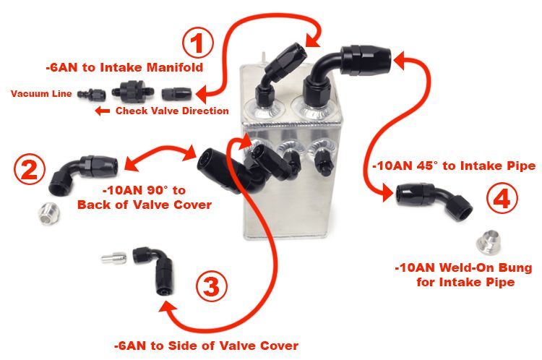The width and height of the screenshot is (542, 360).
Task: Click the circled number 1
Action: point(198,43)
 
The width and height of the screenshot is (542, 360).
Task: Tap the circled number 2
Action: point(30,169)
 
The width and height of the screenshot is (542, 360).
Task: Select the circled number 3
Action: point(212,286)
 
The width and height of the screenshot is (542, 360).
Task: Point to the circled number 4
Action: point(502,199)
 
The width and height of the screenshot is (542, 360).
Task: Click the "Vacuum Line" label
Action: point(41,94)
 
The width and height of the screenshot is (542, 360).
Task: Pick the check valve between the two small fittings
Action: point(133,92)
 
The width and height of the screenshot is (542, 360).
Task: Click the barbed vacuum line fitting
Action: point(91,94)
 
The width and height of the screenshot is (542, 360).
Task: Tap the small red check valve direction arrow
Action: point(103,111)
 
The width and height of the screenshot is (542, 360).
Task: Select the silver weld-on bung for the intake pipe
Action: point(489,242)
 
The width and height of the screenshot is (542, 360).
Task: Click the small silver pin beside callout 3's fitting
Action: point(113,258)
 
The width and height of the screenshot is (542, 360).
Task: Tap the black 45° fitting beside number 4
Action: point(434,200)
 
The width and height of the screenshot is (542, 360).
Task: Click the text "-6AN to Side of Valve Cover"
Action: point(207,346)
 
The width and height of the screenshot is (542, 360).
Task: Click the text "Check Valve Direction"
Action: point(172,111)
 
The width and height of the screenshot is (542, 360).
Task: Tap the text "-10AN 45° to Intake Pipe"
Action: point(454,166)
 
